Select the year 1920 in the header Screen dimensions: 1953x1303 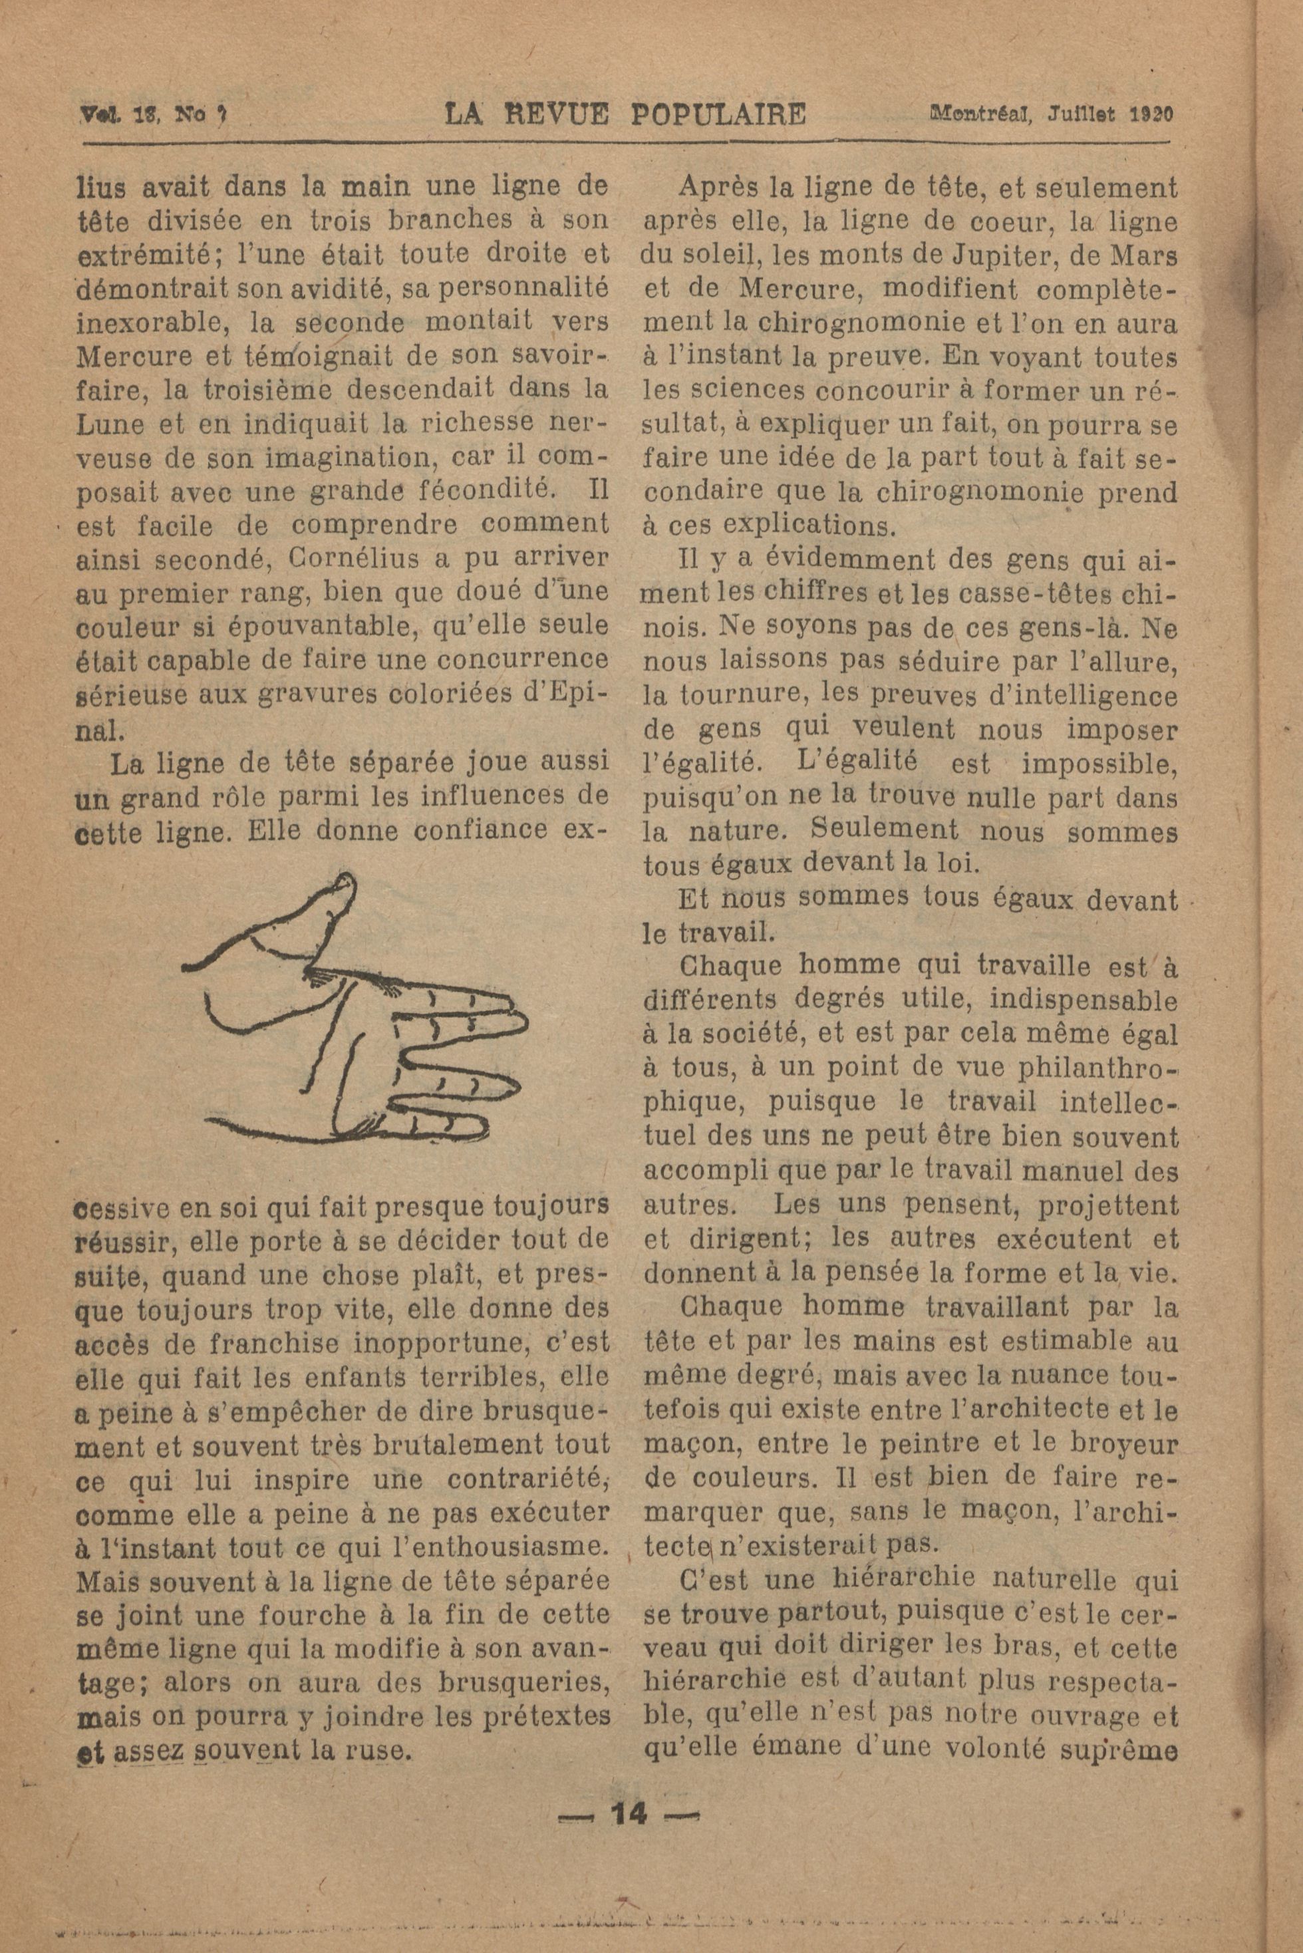coord(1150,113)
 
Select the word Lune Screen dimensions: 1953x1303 coord(107,423)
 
